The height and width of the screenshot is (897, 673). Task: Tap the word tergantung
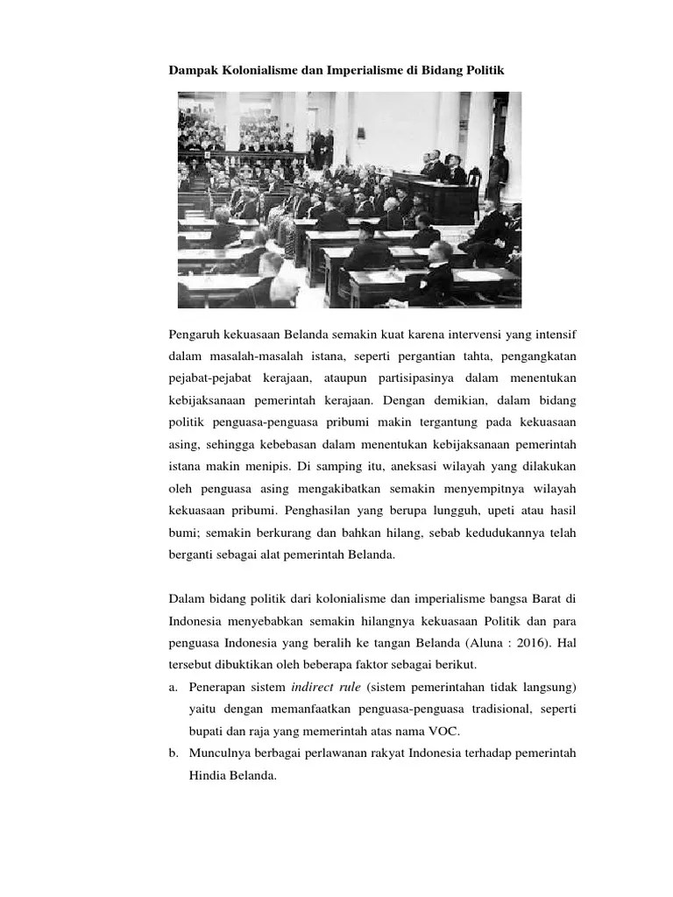click(x=442, y=422)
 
